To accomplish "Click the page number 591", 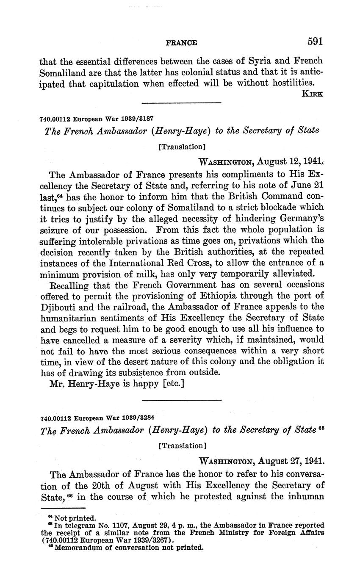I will point(315,42).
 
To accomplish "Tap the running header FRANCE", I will point(181,43).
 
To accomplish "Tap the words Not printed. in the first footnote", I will point(75,518).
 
